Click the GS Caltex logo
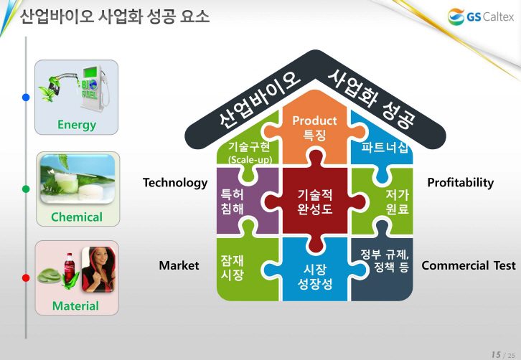coord(481,16)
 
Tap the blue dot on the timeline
coord(26,98)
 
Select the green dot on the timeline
coord(26,189)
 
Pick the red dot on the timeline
coord(26,278)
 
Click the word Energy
coord(77,125)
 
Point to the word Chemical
coord(77,217)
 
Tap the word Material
coord(75,305)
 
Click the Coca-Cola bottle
coord(70,268)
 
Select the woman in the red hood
coord(98,270)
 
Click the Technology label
coord(175,183)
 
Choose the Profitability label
coord(461,182)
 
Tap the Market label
coord(179,265)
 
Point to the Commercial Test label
coord(469,265)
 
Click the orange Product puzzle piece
coord(314,127)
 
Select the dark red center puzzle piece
coord(315,202)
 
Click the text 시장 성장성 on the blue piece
coord(314,277)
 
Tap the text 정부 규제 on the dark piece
coord(385,255)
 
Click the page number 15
coord(496,354)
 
